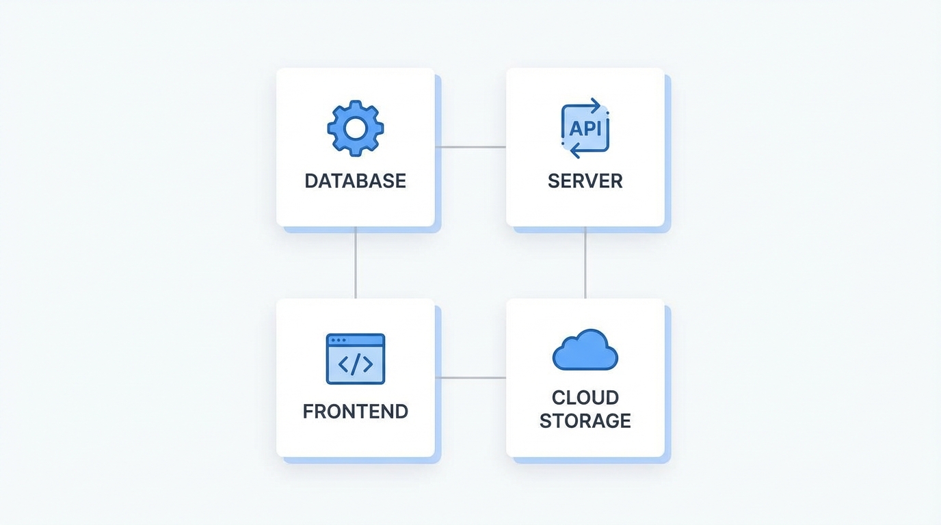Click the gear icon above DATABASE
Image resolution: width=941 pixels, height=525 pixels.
click(355, 128)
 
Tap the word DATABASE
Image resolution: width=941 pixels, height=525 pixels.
click(355, 181)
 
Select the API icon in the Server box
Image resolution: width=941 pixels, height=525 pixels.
click(585, 128)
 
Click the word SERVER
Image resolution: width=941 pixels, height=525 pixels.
click(585, 181)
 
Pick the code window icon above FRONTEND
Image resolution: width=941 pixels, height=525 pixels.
click(355, 359)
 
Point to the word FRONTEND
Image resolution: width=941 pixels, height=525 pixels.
click(355, 412)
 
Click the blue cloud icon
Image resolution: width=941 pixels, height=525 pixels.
click(585, 350)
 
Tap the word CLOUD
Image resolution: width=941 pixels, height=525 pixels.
click(585, 397)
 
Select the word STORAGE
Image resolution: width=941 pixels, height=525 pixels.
click(585, 420)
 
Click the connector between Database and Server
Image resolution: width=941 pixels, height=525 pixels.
click(471, 147)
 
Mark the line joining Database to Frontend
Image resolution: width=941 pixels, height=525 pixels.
click(356, 262)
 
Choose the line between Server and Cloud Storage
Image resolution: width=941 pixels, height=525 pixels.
click(585, 262)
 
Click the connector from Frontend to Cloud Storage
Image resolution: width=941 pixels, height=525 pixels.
click(471, 377)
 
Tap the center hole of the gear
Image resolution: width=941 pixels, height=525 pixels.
click(355, 128)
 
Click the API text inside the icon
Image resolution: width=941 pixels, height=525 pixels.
click(585, 129)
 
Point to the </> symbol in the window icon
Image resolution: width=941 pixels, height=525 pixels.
click(356, 364)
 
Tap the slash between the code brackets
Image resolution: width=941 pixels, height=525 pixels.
click(356, 364)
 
